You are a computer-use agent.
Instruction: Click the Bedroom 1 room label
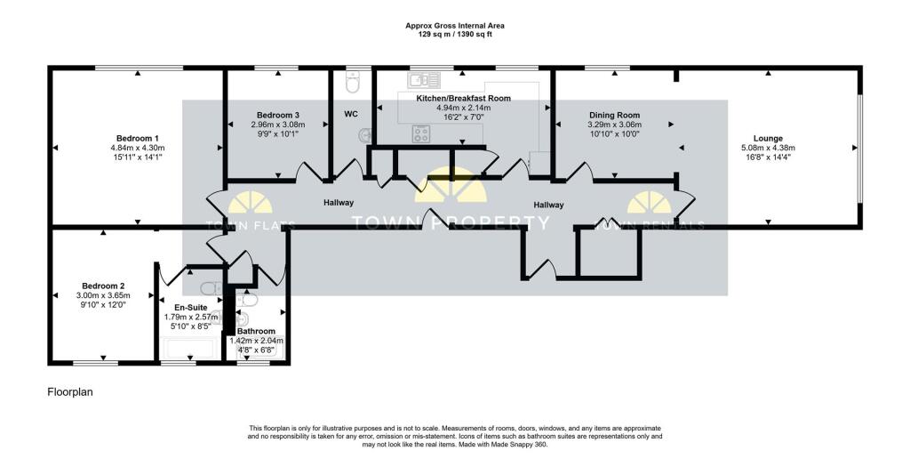coord(137,138)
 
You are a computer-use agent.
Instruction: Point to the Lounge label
coord(768,138)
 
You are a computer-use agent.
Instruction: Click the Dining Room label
coord(614,116)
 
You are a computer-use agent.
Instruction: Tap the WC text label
coord(351,114)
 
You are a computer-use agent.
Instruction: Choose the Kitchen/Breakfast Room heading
coord(463,98)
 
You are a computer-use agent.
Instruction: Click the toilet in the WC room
coord(352,83)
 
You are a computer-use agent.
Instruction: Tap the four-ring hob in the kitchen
coord(421,134)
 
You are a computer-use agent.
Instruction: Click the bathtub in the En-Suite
coord(190,347)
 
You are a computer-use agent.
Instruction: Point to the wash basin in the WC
coord(365,135)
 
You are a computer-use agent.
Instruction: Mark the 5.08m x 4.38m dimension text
coord(768,148)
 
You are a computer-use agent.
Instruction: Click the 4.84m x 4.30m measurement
coord(137,148)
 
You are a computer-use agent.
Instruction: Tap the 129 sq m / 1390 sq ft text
coord(454,33)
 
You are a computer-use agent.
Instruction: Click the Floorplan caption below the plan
coord(70,391)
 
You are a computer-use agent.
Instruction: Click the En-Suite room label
coord(190,307)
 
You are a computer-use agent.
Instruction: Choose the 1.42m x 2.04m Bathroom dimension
coord(256,340)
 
